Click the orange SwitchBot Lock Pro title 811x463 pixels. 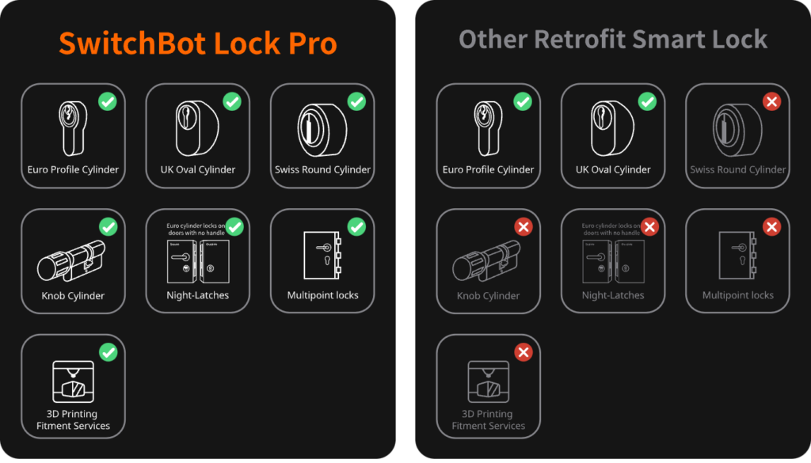coord(198,43)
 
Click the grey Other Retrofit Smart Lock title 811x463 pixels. coord(613,40)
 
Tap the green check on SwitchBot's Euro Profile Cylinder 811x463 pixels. coord(108,101)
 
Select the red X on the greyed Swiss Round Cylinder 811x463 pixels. coord(771,101)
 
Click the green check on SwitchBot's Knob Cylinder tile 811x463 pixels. coord(108,227)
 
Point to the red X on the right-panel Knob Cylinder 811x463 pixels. coord(523,227)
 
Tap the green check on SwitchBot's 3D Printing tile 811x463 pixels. coord(108,352)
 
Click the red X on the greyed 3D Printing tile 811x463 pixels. coord(523,352)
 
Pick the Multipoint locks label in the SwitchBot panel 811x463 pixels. coord(322,295)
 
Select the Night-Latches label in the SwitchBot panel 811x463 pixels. coord(198,295)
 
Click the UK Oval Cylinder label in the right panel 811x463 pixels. coord(613,169)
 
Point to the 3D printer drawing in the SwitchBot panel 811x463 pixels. coord(73,383)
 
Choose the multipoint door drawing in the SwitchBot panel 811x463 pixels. coord(322,255)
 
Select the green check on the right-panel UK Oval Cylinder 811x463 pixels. coord(648,101)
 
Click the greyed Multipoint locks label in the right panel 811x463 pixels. coord(737,295)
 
